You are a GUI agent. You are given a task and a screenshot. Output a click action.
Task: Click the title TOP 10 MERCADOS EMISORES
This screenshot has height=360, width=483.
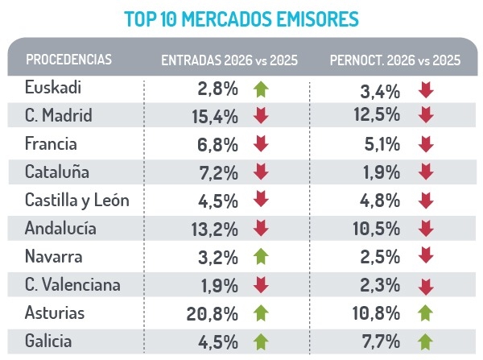coord(242,18)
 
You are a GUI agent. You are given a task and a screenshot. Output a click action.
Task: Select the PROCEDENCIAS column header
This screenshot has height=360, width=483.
coord(68,60)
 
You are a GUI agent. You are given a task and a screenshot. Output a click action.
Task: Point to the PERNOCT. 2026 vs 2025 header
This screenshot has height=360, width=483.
coord(396,60)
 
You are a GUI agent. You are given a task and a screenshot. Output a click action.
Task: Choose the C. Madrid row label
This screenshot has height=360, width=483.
coord(59,116)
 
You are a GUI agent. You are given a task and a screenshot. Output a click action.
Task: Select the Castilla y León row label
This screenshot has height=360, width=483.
coord(76,201)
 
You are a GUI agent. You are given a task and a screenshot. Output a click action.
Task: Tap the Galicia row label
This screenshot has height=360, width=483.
coord(49,341)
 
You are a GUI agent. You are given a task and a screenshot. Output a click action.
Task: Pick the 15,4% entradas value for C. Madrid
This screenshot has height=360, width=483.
coord(214,117)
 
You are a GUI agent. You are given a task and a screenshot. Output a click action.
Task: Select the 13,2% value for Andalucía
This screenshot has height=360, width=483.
coord(214,230)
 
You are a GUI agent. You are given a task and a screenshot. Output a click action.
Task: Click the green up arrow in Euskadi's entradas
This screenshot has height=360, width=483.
coord(260,89)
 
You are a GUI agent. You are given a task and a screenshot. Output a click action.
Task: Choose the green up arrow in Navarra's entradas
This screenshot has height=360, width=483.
coord(260,258)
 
